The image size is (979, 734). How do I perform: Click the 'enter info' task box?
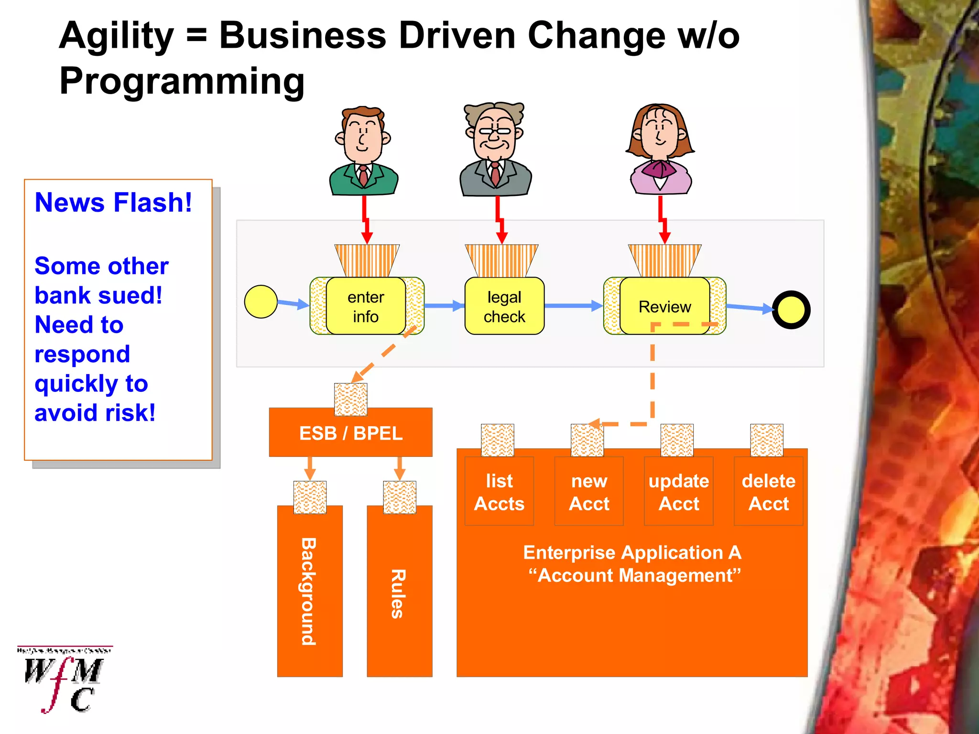tap(366, 306)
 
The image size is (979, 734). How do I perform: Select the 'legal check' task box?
tap(504, 306)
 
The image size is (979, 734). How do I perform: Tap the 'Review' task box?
tap(664, 306)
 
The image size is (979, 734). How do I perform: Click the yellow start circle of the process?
tap(261, 302)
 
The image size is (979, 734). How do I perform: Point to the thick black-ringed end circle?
tap(791, 310)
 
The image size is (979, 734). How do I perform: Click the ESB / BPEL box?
tap(350, 433)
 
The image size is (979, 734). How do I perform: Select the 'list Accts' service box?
tap(499, 492)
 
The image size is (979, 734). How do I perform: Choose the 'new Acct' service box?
tap(589, 492)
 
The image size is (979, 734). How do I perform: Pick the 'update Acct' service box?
tap(679, 492)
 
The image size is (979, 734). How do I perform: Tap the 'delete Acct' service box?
tap(768, 492)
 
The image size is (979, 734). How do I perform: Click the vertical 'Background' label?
tap(309, 592)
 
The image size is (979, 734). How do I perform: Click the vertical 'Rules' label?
tap(399, 594)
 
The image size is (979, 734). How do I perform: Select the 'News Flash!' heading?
tap(113, 203)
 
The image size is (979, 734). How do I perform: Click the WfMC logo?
tap(65, 679)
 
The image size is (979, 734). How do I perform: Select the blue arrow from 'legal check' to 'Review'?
tap(574, 306)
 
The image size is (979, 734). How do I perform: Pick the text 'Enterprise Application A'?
tap(632, 553)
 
